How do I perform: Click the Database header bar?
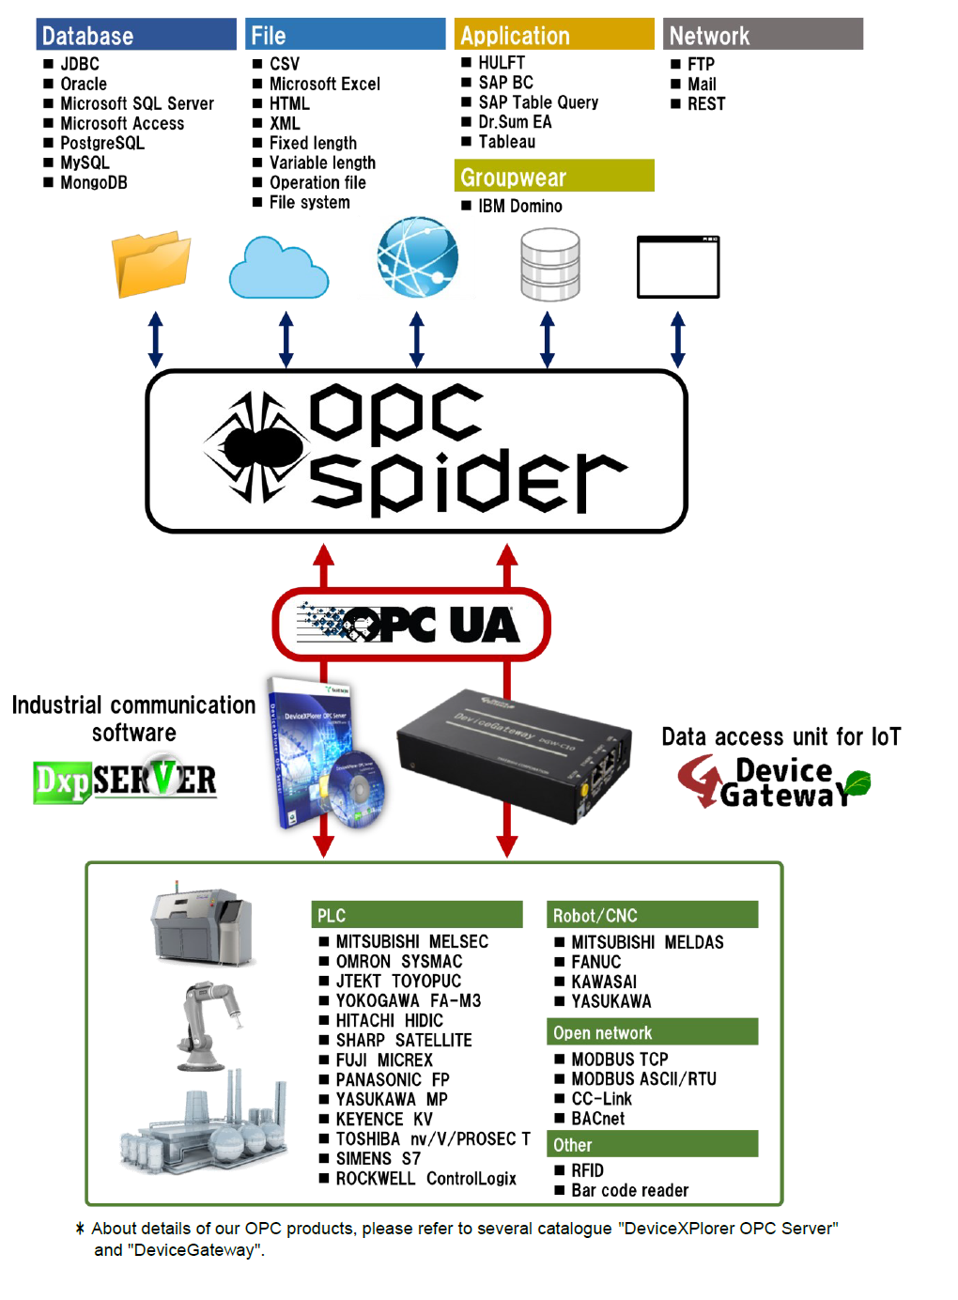136,35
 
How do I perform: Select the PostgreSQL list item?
102,143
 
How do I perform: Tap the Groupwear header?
554,177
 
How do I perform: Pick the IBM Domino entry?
519,206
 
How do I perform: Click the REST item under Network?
706,103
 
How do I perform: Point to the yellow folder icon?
150,263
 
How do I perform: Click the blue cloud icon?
279,269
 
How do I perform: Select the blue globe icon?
417,256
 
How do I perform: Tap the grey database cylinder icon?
549,266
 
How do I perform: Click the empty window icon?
678,267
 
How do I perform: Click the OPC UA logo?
410,624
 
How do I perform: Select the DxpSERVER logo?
126,781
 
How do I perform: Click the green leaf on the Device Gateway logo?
857,782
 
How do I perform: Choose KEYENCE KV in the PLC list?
384,1119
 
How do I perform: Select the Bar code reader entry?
629,1190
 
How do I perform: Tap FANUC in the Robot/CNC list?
595,962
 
